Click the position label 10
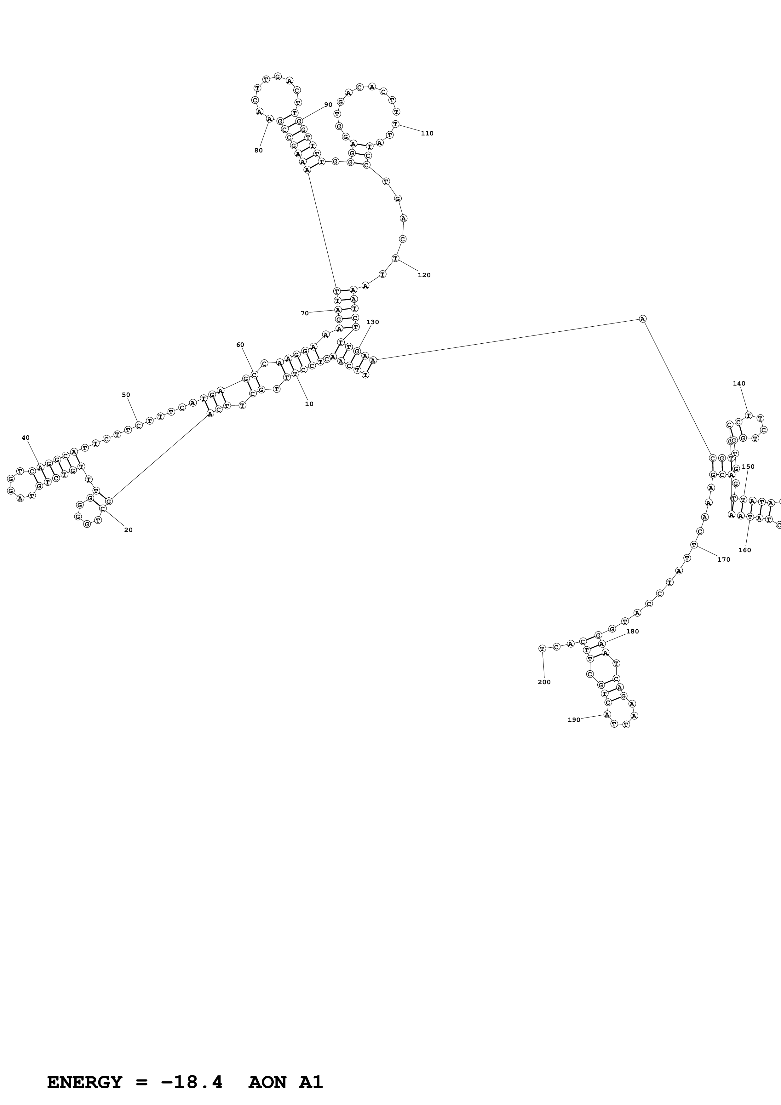(309, 404)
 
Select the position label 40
(26, 438)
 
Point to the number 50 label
(126, 395)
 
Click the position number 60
(240, 345)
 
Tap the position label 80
(258, 150)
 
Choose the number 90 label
(328, 105)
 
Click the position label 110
(427, 133)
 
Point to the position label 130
(372, 322)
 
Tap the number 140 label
(739, 384)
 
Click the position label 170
(723, 559)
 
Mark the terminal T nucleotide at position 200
(542, 648)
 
